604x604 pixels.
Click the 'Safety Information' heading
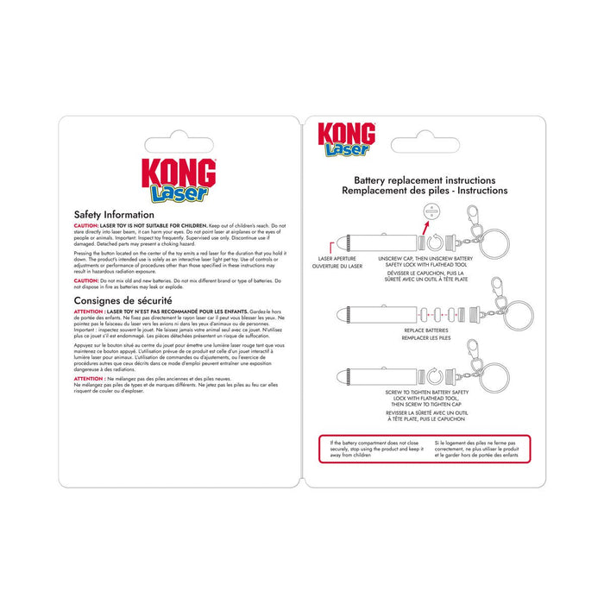[x=114, y=214]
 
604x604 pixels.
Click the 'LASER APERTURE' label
[x=337, y=257]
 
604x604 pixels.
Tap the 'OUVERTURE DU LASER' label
[x=337, y=267]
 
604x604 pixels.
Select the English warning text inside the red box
[x=373, y=450]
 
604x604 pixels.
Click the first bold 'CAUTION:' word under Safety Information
[x=87, y=223]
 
